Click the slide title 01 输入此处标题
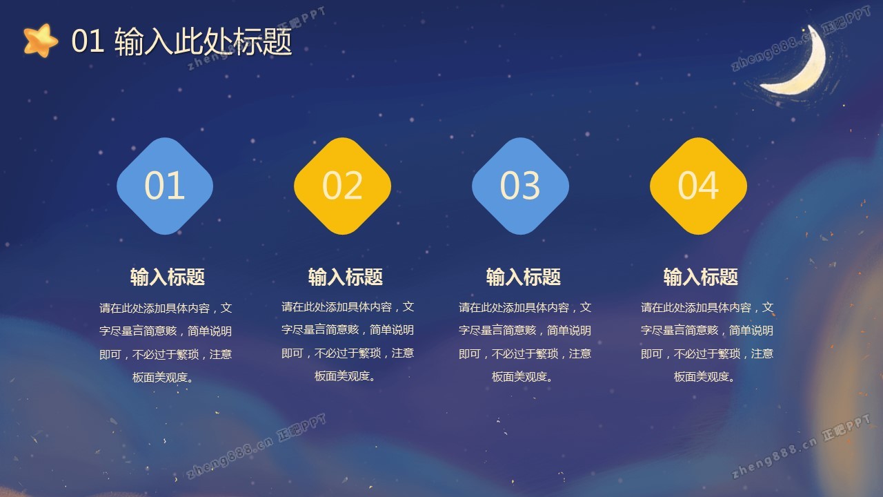[x=181, y=41]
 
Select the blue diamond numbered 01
[x=165, y=186]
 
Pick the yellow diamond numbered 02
[x=343, y=186]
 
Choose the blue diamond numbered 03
[x=520, y=186]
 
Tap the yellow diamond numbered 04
[x=698, y=186]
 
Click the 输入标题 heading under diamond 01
[x=168, y=277]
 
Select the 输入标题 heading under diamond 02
[x=346, y=277]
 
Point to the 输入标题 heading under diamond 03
[x=523, y=277]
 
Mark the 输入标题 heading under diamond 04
[x=700, y=277]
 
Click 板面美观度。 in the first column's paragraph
[x=163, y=378]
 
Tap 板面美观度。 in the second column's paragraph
[x=346, y=376]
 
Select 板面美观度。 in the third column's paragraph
[x=523, y=377]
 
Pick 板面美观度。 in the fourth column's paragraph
[x=705, y=377]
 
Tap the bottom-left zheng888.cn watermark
[x=256, y=446]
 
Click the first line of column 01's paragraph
[x=166, y=308]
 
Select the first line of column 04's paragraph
[x=707, y=308]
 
